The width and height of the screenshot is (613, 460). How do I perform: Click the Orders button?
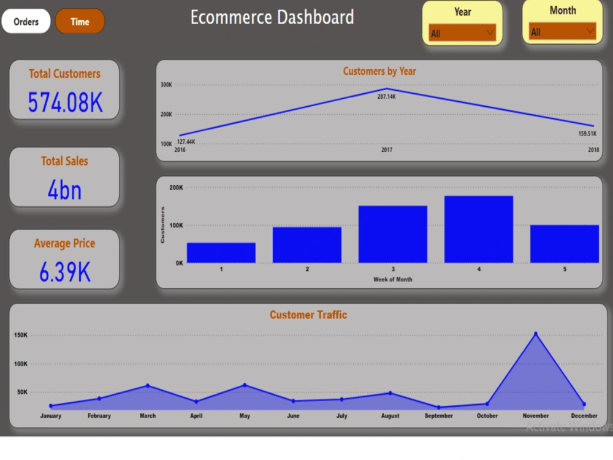(26, 22)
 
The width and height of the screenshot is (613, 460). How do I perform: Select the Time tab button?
(80, 22)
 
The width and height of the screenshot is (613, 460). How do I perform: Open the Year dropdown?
(462, 33)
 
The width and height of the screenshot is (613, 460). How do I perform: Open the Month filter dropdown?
(562, 31)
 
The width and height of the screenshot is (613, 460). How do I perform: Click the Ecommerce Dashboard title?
(272, 17)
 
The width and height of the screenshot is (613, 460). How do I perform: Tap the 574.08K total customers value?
(65, 102)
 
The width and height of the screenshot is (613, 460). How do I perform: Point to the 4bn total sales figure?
(64, 190)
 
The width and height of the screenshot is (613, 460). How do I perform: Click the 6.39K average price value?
(64, 272)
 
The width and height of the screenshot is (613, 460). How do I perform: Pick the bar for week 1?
(221, 253)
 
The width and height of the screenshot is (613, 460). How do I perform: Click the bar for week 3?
(393, 234)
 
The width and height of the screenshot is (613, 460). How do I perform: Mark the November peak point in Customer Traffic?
(536, 334)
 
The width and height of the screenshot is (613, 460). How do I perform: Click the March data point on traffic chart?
(148, 385)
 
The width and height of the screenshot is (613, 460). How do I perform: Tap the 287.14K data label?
(386, 97)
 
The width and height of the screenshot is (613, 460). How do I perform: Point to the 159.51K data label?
(587, 134)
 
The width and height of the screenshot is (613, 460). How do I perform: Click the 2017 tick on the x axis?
(386, 150)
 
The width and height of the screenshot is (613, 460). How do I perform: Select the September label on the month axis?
(439, 416)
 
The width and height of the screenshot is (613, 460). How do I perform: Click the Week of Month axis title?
(393, 280)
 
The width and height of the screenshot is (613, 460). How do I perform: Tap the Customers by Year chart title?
(379, 71)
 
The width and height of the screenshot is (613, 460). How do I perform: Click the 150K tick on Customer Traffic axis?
(20, 335)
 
